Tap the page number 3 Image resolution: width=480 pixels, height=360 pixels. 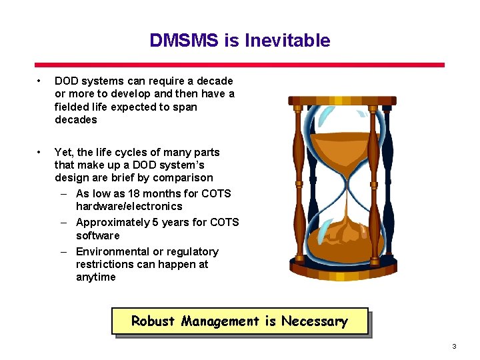pyautogui.click(x=454, y=346)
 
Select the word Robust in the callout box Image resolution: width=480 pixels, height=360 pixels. pyautogui.click(x=153, y=321)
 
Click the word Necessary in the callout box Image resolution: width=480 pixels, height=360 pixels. pyautogui.click(x=314, y=321)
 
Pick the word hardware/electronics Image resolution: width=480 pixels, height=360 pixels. pyautogui.click(x=129, y=206)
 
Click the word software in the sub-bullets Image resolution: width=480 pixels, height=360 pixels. pyautogui.click(x=98, y=235)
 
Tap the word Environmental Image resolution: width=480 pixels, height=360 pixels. pyautogui.click(x=113, y=251)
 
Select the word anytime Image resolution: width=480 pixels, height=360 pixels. pyautogui.click(x=95, y=277)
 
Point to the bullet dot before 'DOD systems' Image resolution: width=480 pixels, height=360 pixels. pyautogui.click(x=41, y=81)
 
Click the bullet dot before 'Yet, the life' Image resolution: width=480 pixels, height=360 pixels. pyautogui.click(x=41, y=153)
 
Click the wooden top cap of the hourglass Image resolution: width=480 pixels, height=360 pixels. pyautogui.click(x=342, y=101)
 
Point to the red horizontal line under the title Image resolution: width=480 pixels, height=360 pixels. pyautogui.click(x=239, y=65)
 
